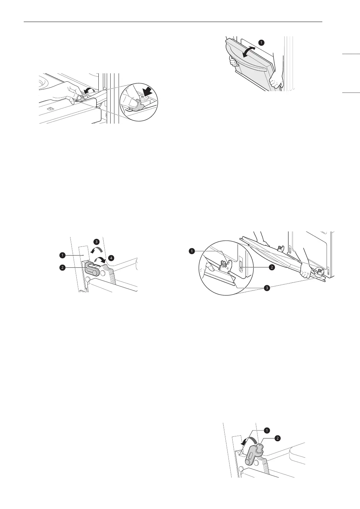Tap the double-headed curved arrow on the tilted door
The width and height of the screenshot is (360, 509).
[249, 52]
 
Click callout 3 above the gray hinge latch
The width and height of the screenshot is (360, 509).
[97, 242]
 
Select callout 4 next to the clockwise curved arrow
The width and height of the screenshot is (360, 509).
[111, 258]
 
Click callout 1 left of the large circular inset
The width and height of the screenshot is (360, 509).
[191, 250]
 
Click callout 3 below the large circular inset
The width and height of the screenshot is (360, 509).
[267, 288]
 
